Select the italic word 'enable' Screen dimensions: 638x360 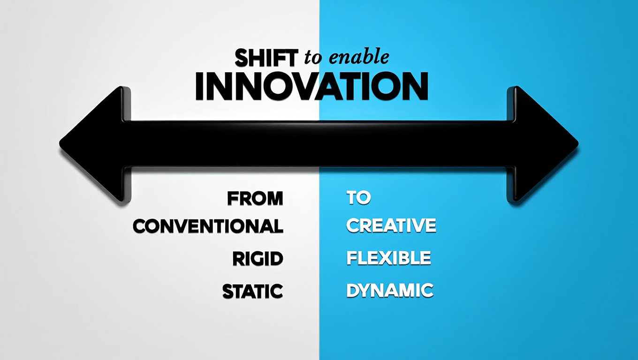click(x=359, y=56)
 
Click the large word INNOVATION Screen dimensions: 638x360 click(x=311, y=86)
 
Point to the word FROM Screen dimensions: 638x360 click(x=255, y=198)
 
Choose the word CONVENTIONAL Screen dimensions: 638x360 click(x=208, y=226)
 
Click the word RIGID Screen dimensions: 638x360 click(x=258, y=259)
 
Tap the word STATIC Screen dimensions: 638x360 click(x=253, y=291)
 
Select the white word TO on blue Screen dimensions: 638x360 click(x=359, y=197)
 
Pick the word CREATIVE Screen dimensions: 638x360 click(x=391, y=225)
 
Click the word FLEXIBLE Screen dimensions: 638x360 click(x=389, y=258)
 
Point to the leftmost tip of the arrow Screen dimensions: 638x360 click(x=60, y=142)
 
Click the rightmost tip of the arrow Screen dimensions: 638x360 click(x=578, y=143)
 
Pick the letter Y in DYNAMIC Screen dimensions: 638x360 click(x=366, y=290)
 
